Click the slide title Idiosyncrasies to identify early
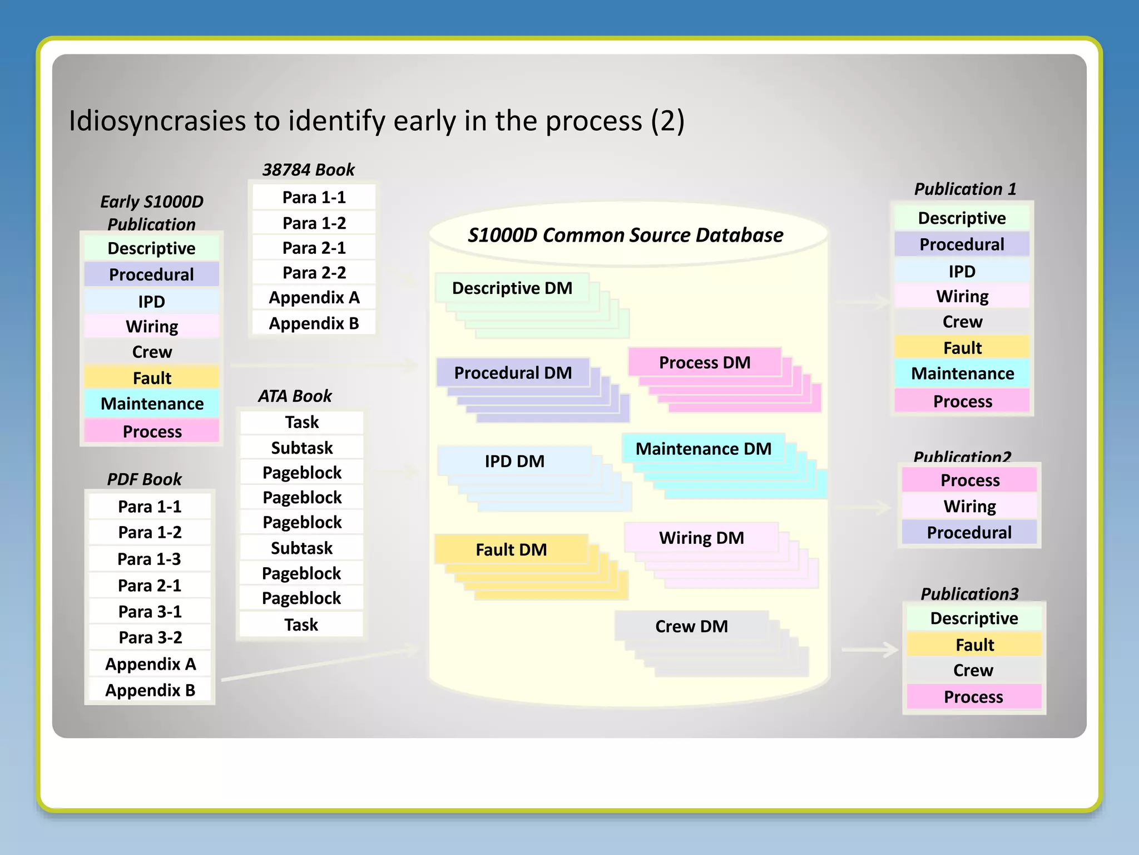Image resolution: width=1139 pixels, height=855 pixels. (x=376, y=121)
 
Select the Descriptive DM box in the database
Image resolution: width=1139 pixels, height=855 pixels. (x=512, y=288)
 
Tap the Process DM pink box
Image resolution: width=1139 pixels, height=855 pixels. (x=704, y=362)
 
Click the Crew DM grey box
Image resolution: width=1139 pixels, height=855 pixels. (x=691, y=626)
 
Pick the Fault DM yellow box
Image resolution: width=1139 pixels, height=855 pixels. (x=511, y=549)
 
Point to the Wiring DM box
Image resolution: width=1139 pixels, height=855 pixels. (x=701, y=538)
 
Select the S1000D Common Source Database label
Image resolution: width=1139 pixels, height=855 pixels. (x=625, y=235)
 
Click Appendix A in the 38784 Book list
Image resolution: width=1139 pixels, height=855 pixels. (x=314, y=297)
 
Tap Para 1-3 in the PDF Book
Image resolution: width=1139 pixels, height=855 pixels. (x=150, y=558)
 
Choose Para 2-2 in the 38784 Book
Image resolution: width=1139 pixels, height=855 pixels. (x=314, y=272)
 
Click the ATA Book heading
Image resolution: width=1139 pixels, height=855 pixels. (x=295, y=396)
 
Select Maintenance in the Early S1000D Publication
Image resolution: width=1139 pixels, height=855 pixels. (x=152, y=404)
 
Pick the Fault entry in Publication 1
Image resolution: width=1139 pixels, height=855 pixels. (x=962, y=348)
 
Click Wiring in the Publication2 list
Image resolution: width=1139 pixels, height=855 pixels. (x=969, y=506)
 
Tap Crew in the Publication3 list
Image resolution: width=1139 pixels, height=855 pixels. (x=973, y=670)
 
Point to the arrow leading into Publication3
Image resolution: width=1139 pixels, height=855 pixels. (x=870, y=649)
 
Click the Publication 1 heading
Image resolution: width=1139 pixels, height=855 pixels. (x=965, y=189)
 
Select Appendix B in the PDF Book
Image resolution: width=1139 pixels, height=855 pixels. (x=150, y=690)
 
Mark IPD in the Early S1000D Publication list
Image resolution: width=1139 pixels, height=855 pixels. (x=151, y=301)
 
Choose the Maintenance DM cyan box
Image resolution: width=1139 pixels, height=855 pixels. (x=703, y=449)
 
